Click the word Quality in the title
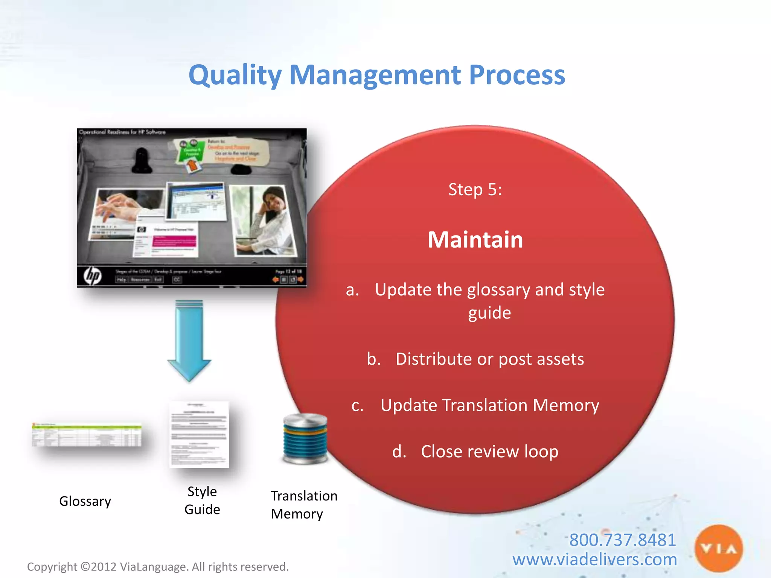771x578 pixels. (235, 75)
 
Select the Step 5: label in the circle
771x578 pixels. (475, 189)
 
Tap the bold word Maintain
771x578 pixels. (475, 240)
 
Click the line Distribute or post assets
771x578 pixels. (489, 359)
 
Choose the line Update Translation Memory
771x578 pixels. (489, 405)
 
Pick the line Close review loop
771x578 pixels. (489, 452)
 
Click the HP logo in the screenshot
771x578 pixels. (93, 276)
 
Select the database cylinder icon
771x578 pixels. (305, 438)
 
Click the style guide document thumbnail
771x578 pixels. (199, 435)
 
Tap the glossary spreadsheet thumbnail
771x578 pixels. (87, 435)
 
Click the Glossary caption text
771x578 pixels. (85, 501)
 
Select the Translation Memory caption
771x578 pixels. (303, 505)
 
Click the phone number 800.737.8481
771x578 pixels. (622, 540)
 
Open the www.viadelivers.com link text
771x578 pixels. (594, 560)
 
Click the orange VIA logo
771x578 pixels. (718, 549)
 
